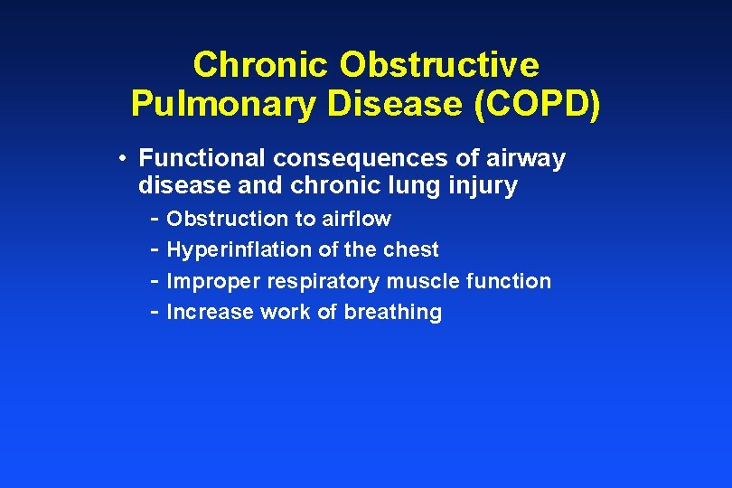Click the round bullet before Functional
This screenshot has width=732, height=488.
[121, 159]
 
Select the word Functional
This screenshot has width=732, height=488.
[202, 159]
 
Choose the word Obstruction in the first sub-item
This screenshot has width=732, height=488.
[227, 219]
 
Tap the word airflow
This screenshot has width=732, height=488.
[356, 219]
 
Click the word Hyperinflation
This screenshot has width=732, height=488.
[239, 250]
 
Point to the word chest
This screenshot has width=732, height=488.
[411, 249]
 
